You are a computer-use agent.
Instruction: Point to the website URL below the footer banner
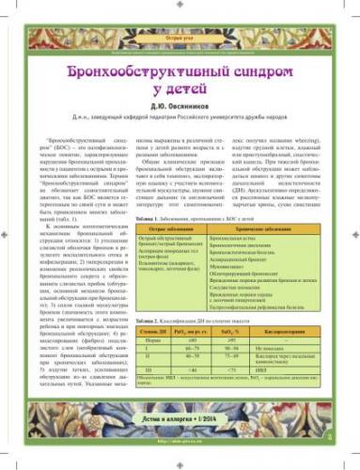pos(180,462)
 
